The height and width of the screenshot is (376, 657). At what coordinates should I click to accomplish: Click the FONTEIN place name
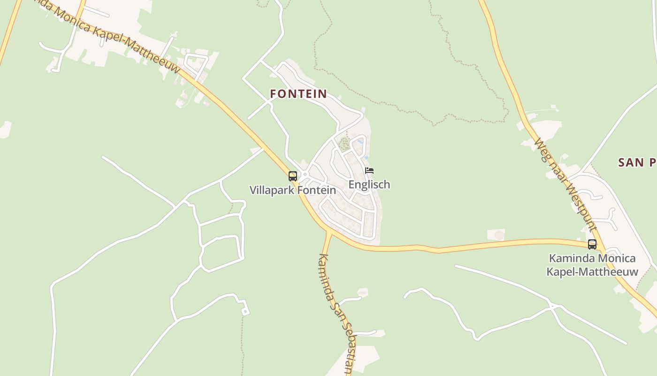click(298, 94)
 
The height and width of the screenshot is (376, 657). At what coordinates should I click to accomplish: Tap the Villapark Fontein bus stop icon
click(293, 176)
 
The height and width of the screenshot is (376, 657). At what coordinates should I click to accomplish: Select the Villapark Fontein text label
click(292, 190)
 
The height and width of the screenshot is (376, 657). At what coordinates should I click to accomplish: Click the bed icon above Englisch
click(369, 171)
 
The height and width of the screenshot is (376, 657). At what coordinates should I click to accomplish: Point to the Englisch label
click(369, 184)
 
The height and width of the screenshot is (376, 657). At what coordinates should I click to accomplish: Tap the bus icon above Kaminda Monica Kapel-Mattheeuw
click(592, 244)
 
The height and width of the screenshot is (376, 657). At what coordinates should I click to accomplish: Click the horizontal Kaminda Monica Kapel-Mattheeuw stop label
click(592, 265)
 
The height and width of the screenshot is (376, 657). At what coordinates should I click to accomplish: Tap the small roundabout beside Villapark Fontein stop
click(305, 175)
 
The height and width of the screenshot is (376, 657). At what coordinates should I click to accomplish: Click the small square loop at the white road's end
click(245, 312)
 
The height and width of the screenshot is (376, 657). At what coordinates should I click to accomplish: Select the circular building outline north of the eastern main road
click(499, 235)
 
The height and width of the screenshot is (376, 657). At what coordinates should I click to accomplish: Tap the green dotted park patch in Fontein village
click(344, 144)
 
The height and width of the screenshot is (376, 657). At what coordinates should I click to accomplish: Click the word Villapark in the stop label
click(269, 190)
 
